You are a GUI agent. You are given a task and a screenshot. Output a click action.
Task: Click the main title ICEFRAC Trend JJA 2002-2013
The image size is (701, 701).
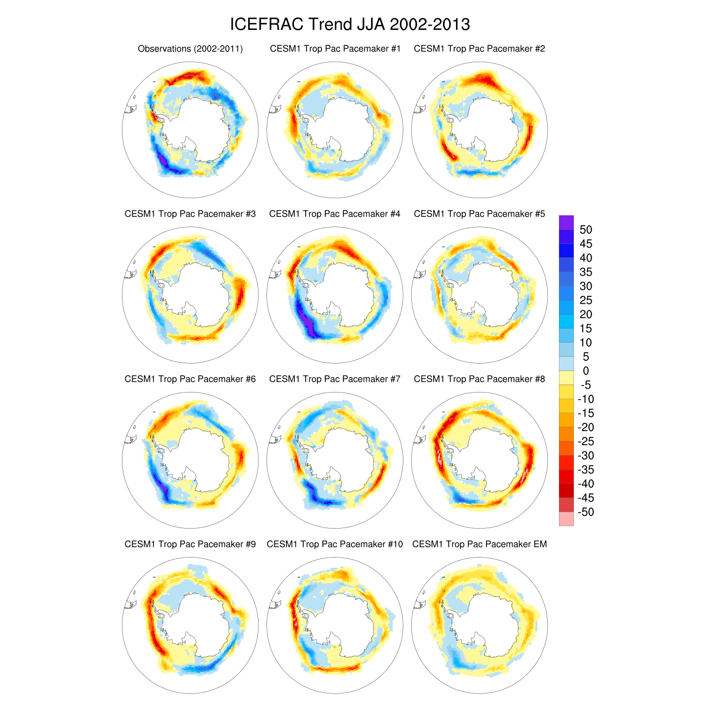pos(350,24)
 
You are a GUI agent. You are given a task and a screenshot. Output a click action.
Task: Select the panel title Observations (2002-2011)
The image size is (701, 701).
pos(190,49)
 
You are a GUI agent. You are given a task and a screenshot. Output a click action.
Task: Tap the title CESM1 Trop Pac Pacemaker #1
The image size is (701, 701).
pos(335,49)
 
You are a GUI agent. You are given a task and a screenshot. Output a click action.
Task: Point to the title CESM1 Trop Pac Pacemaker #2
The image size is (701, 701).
pos(479,49)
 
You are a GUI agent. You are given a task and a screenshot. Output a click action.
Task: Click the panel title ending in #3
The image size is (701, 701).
pos(190,214)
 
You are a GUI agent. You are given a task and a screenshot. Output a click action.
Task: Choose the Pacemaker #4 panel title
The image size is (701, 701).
pos(335,214)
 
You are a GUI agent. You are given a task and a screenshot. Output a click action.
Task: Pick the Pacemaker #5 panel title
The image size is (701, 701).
pos(479,214)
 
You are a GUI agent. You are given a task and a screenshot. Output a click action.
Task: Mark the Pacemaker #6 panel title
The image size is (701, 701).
pos(190,379)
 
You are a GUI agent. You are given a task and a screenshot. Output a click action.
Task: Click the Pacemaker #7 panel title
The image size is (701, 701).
pos(335,379)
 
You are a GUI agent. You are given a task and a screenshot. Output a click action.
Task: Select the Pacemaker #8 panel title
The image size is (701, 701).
pos(479,379)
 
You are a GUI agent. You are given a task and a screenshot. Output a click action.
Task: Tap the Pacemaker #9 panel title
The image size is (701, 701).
pos(190,544)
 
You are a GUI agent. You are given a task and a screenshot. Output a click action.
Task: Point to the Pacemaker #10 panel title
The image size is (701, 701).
pos(335,544)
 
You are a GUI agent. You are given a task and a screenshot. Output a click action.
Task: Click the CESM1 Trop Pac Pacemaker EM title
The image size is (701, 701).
pos(479,544)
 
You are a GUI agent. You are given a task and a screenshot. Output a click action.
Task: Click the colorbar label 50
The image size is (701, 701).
pos(586,230)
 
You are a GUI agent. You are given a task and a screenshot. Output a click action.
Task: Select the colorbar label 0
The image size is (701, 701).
pos(586,371)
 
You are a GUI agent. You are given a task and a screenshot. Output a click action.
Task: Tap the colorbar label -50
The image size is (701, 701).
pos(586,512)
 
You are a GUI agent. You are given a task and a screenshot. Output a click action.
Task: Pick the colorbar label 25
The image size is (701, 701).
pos(586,300)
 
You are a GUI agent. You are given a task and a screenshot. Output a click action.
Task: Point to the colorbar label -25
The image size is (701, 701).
pos(586,442)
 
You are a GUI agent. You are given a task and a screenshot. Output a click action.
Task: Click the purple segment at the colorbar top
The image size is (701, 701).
pos(566,222)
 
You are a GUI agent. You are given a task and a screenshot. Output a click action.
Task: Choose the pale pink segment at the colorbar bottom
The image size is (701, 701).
pos(566,519)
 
